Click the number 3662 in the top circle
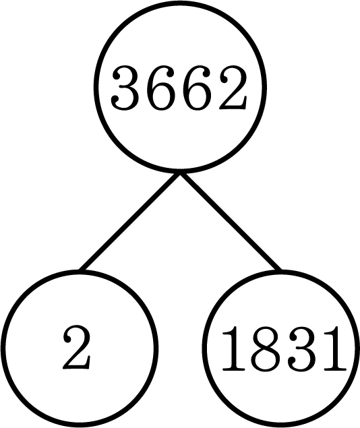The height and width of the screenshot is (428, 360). [x=179, y=88]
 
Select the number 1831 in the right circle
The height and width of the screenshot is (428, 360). [x=284, y=349]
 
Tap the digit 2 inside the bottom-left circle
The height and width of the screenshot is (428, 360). [x=76, y=347]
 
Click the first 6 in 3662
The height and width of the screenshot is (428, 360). [x=161, y=88]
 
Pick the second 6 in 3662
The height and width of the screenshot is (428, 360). [x=197, y=88]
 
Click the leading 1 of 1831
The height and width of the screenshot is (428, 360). [x=234, y=348]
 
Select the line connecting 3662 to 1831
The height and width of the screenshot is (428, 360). [x=231, y=221]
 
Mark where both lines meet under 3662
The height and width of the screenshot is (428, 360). [x=180, y=173]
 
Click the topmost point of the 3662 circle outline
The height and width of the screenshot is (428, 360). [x=180, y=3]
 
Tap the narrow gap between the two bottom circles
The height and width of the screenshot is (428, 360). [x=180, y=348]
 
